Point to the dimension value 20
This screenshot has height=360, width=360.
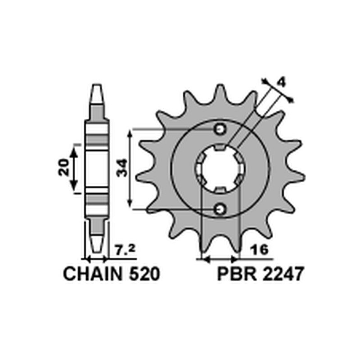[x=64, y=167]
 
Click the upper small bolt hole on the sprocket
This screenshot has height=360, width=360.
[x=220, y=129]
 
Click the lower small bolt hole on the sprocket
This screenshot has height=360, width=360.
[x=220, y=208]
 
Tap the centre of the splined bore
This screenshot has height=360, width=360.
[x=220, y=169]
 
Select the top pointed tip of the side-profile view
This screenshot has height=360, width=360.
[x=97, y=88]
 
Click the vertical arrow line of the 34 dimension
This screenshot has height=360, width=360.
[x=130, y=169]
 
